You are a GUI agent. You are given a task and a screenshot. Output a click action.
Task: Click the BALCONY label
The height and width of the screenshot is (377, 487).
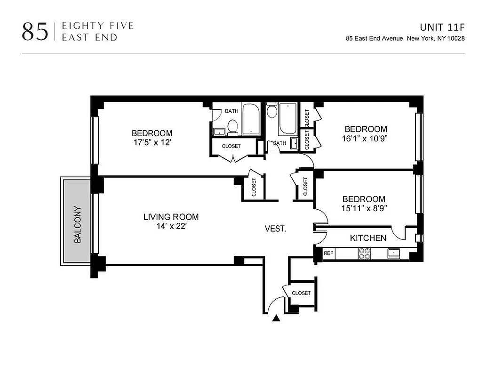[78, 225]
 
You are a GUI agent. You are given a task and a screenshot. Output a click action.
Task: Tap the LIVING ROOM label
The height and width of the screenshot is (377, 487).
[171, 217]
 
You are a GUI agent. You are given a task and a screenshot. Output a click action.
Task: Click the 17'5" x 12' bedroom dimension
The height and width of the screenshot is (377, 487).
[152, 142]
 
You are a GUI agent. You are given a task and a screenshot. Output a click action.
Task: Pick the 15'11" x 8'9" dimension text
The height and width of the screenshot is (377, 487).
[364, 208]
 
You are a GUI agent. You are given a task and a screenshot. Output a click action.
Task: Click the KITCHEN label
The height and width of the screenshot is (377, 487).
[368, 238]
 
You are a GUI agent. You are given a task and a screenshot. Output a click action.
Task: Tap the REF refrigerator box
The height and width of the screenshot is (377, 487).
[328, 254]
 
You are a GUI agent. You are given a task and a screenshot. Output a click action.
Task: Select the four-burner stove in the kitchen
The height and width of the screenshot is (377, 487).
[365, 254]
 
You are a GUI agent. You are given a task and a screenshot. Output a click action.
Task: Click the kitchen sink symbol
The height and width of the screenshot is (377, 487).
[393, 254]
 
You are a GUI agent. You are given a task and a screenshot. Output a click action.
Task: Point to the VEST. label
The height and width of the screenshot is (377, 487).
[275, 229]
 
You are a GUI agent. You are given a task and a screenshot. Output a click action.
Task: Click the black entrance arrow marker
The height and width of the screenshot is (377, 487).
[276, 319]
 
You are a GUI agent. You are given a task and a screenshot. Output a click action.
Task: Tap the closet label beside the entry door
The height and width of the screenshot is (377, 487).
[301, 293]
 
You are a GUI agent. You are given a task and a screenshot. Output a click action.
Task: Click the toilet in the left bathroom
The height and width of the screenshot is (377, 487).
[232, 126]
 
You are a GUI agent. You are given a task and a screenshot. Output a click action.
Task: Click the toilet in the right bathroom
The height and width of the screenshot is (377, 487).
[271, 112]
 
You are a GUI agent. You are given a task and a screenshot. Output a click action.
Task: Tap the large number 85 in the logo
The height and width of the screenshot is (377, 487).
[35, 32]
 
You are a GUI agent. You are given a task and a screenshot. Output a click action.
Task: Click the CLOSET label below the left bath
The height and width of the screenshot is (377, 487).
[231, 146]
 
